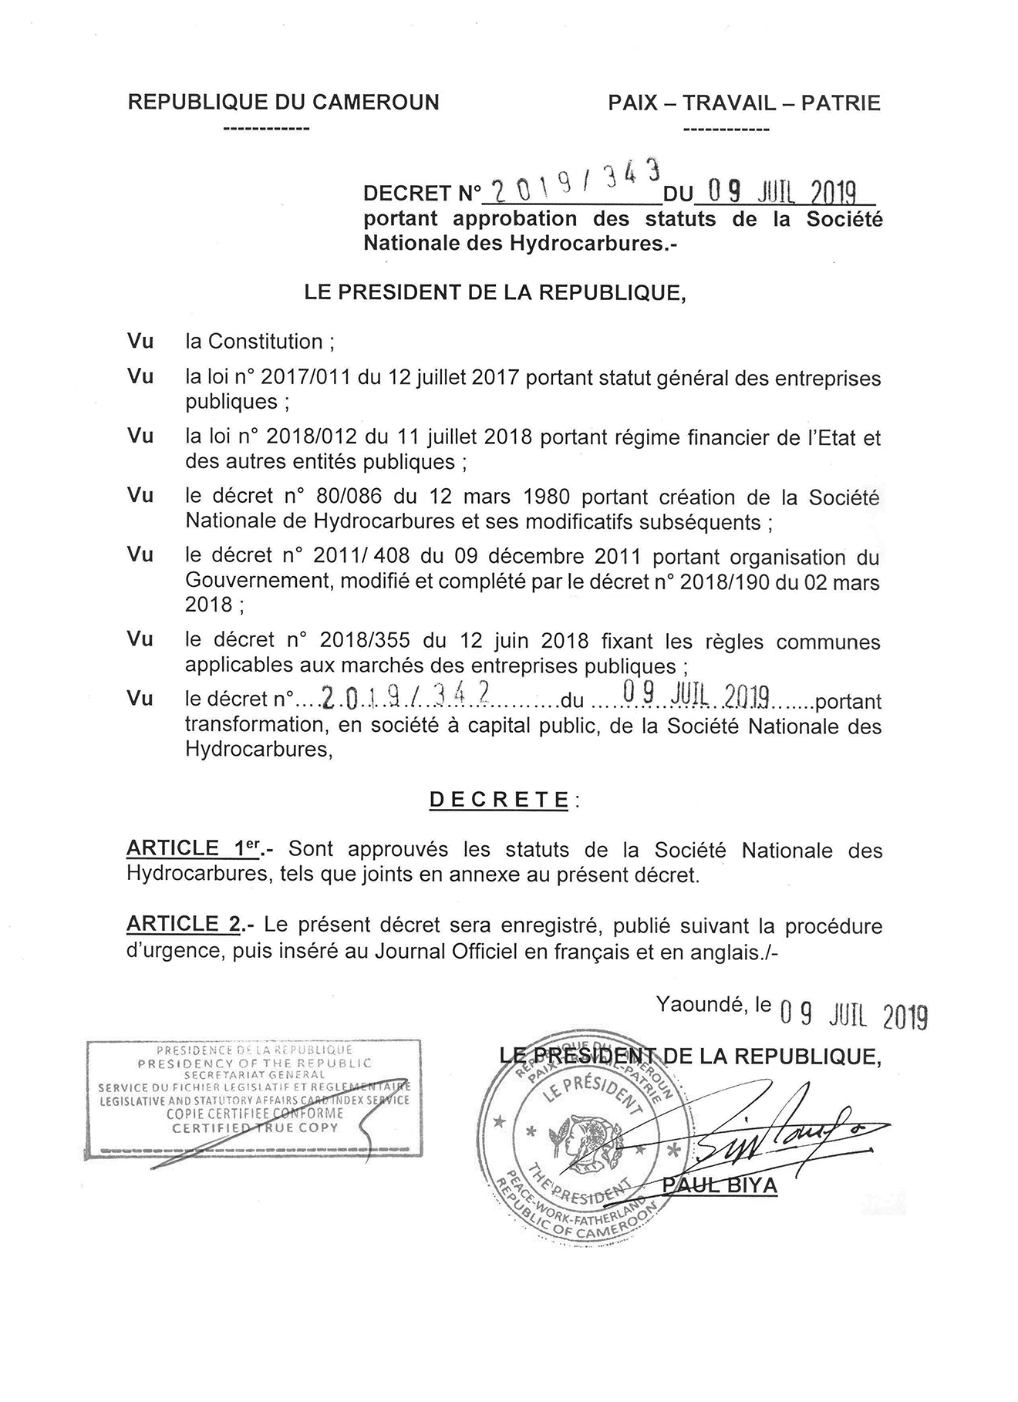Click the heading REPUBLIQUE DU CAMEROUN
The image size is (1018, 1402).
click(x=283, y=103)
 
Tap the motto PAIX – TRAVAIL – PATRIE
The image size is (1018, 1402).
click(x=743, y=103)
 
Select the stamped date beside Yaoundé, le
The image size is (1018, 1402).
click(x=853, y=1016)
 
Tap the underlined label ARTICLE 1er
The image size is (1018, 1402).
click(x=195, y=849)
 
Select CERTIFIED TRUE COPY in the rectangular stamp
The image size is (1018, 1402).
click(x=254, y=1127)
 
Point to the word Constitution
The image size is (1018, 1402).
click(x=265, y=341)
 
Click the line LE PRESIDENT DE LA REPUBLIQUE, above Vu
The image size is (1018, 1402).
click(x=495, y=293)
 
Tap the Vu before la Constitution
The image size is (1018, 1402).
click(x=140, y=341)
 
